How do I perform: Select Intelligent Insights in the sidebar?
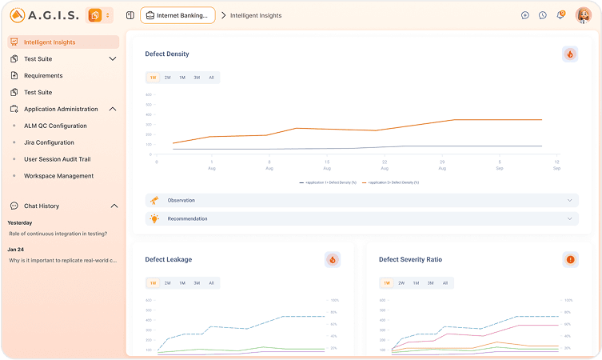(50, 42)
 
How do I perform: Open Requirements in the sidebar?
(43, 75)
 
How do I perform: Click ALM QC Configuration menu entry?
(55, 126)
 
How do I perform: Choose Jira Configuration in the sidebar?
(49, 142)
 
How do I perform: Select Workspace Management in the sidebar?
(58, 176)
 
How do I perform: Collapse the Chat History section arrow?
(113, 206)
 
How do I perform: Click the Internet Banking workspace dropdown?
(178, 15)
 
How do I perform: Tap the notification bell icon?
(560, 15)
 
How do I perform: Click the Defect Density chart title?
(167, 54)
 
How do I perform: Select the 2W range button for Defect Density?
(167, 78)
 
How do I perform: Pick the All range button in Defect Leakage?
(211, 282)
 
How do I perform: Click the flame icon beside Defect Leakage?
(333, 259)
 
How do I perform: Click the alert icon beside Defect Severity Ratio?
(570, 259)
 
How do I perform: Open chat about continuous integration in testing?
(58, 234)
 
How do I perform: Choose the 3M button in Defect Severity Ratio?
(430, 282)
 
